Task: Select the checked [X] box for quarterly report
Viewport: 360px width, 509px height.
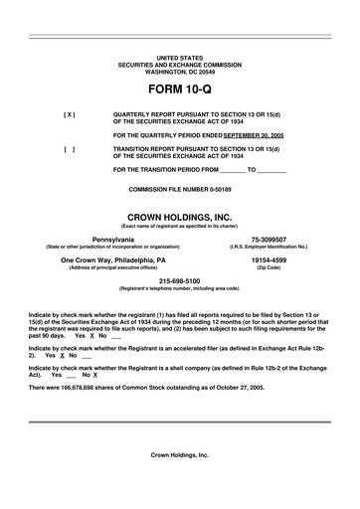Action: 69,114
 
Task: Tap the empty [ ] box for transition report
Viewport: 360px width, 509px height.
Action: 69,148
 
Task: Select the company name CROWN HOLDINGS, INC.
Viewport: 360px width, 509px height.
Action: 179,216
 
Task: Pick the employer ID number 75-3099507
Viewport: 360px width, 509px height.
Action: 269,240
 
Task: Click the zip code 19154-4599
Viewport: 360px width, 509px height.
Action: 269,261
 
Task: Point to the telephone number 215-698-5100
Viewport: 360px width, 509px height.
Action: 179,281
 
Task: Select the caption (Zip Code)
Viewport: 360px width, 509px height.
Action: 269,268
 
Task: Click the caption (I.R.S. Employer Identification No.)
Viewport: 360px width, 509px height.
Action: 269,247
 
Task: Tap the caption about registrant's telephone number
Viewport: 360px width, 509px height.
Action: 179,288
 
